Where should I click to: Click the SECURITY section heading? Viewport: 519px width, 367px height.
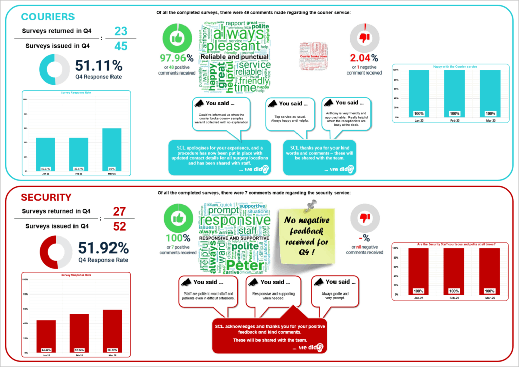click(x=46, y=197)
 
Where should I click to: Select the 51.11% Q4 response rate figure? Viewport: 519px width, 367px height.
click(x=98, y=66)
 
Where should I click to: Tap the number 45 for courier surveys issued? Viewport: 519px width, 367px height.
click(x=120, y=46)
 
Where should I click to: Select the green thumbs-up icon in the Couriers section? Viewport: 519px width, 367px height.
click(x=176, y=38)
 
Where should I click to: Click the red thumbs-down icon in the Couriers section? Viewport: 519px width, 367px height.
click(x=364, y=38)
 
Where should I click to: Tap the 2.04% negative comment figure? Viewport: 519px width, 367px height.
click(x=364, y=57)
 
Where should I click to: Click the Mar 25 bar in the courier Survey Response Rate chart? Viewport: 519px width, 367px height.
click(x=112, y=150)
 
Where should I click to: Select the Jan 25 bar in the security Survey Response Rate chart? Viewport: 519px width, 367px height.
click(x=46, y=336)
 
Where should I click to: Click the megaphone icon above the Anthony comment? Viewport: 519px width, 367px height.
click(x=327, y=103)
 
